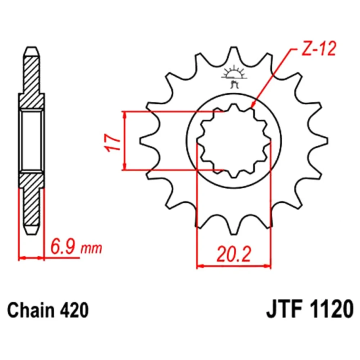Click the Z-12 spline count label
point(319,49)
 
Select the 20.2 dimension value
point(234,254)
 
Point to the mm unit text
point(91,248)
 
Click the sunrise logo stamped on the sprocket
point(234,76)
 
